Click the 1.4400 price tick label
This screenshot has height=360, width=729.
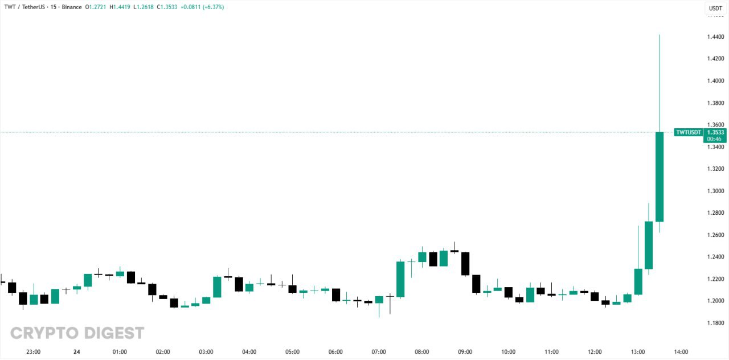[715, 37]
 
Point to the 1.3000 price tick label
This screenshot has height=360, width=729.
[715, 191]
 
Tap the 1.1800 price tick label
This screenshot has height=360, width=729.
[715, 323]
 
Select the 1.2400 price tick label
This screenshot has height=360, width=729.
[715, 257]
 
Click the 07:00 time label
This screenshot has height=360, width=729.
[379, 352]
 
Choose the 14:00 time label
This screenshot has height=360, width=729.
[681, 352]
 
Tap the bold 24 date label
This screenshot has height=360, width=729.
[76, 352]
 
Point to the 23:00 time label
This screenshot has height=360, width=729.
[34, 352]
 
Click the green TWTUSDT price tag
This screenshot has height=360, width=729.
[687, 132]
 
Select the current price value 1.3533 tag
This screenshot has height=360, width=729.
[715, 132]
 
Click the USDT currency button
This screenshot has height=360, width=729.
[715, 8]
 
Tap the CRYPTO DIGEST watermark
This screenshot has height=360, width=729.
[77, 333]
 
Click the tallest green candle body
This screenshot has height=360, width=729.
[660, 177]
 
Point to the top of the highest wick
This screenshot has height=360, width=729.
[660, 35]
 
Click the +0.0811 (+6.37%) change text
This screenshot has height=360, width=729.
[202, 7]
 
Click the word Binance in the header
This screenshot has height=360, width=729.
[72, 7]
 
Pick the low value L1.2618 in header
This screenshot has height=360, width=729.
[146, 7]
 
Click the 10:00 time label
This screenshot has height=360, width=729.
[509, 352]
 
